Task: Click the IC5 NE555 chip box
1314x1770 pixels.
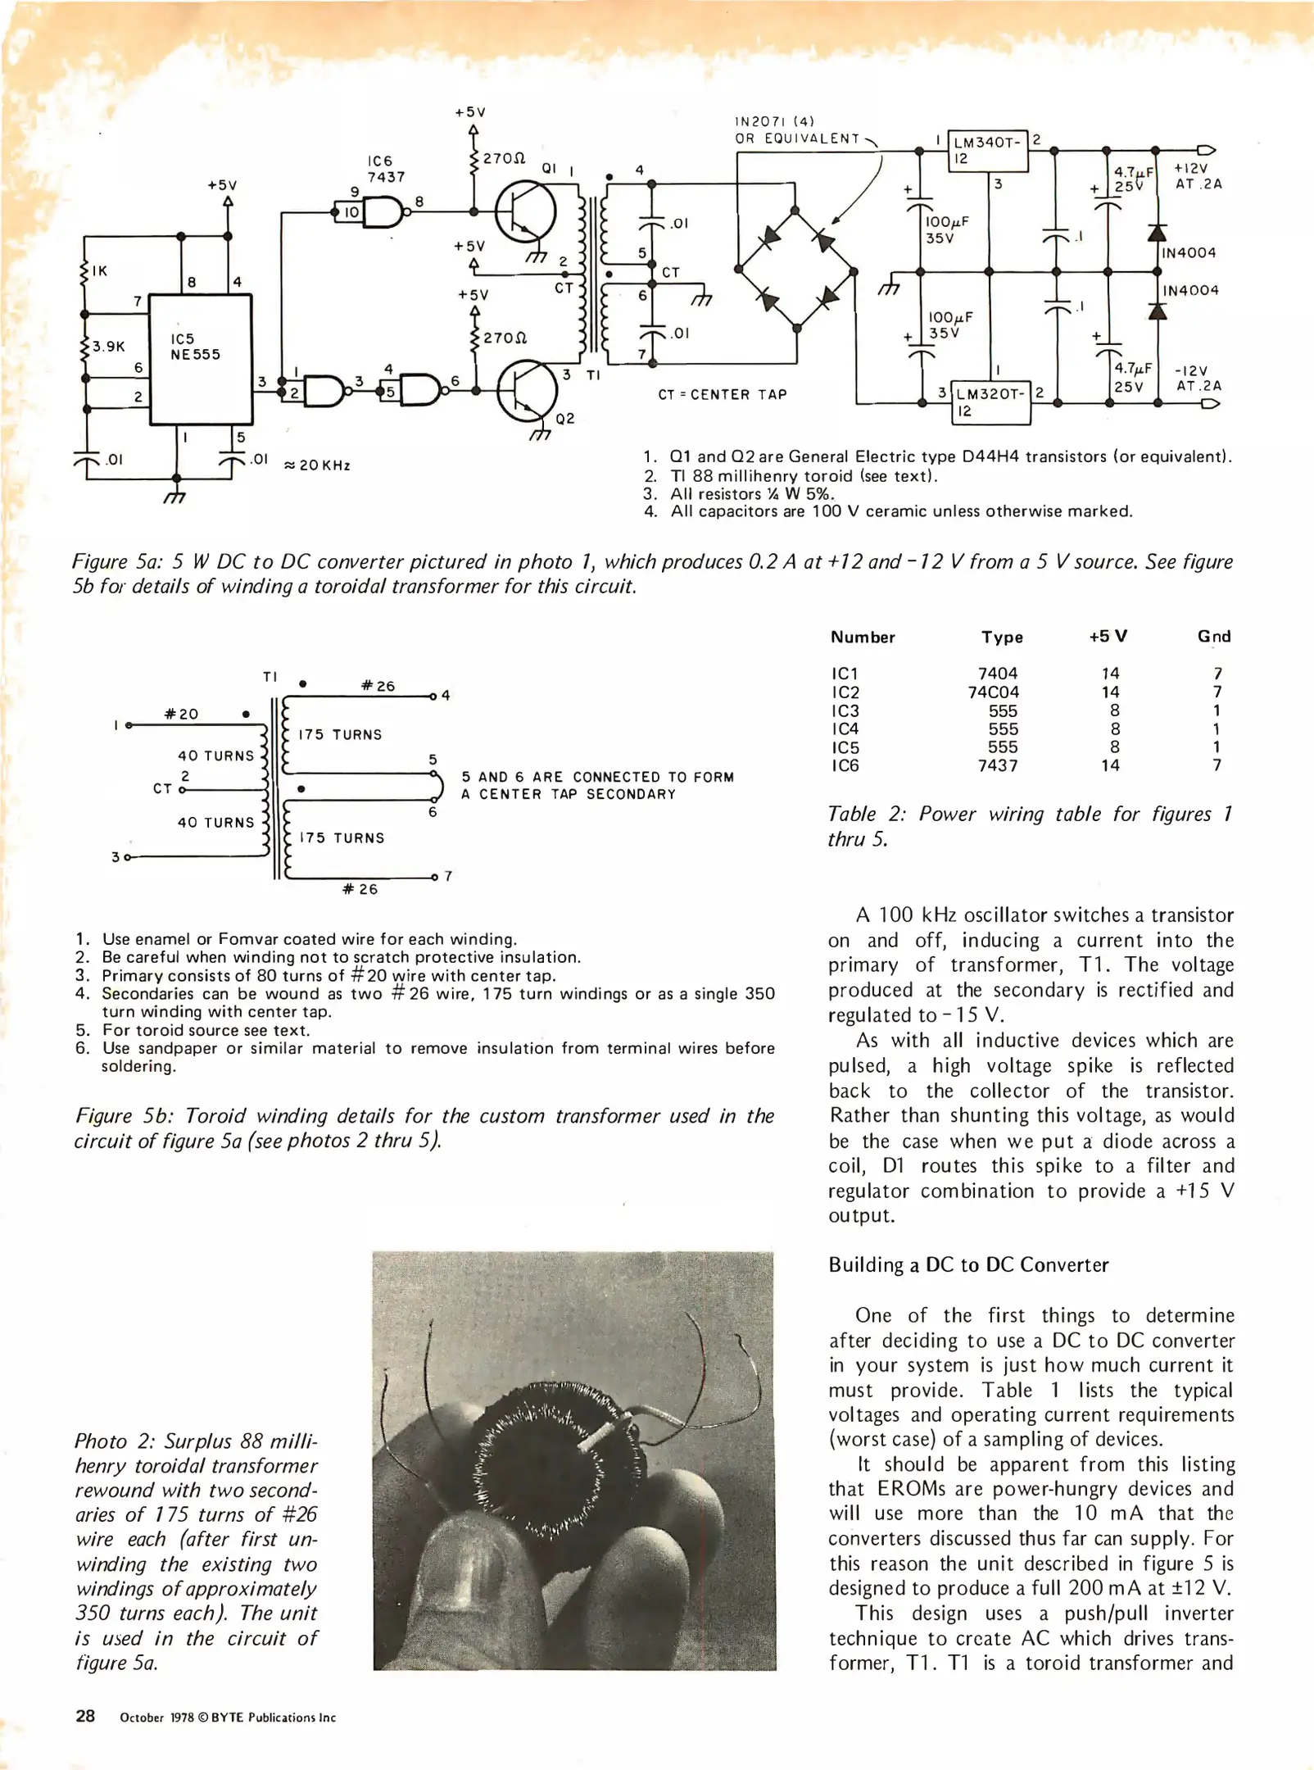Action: click(199, 359)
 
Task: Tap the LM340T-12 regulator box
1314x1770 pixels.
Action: click(986, 150)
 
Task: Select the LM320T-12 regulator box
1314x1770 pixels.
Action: click(992, 402)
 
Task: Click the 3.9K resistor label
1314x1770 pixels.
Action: click(108, 346)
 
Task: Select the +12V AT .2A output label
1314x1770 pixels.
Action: click(1198, 176)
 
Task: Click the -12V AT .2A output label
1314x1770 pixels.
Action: click(1198, 378)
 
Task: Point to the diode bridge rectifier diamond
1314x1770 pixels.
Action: click(795, 269)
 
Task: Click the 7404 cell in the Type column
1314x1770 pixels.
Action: click(998, 673)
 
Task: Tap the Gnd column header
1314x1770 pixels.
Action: click(1213, 637)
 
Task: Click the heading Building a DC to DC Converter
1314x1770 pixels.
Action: click(968, 1264)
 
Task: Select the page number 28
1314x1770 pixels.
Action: click(85, 1716)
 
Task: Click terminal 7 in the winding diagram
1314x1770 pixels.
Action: click(447, 876)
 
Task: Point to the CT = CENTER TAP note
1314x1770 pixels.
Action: click(722, 394)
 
